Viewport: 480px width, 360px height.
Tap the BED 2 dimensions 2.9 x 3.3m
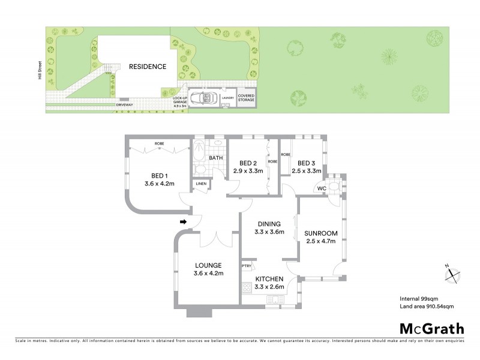248,171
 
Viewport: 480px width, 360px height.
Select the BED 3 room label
306,163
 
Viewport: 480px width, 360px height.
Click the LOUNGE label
208,265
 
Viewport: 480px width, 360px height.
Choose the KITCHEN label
269,280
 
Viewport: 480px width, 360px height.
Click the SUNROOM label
320,233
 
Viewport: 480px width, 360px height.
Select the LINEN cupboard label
200,184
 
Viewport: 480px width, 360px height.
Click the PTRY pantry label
246,266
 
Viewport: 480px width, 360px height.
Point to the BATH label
216,158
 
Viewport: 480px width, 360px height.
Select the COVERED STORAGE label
246,98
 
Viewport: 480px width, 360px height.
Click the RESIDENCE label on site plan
147,67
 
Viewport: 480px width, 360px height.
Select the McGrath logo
431,328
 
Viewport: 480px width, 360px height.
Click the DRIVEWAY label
125,105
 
